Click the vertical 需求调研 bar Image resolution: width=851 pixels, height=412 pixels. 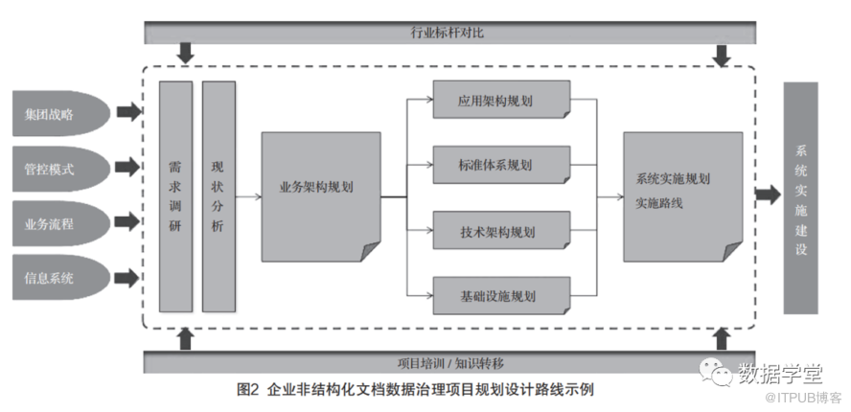click(x=175, y=196)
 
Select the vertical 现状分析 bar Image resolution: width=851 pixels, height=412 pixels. click(x=218, y=196)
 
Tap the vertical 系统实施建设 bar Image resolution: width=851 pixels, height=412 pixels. click(x=800, y=197)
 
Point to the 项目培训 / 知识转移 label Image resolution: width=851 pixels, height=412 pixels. click(x=450, y=363)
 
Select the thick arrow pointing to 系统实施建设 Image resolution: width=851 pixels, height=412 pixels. click(x=767, y=195)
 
